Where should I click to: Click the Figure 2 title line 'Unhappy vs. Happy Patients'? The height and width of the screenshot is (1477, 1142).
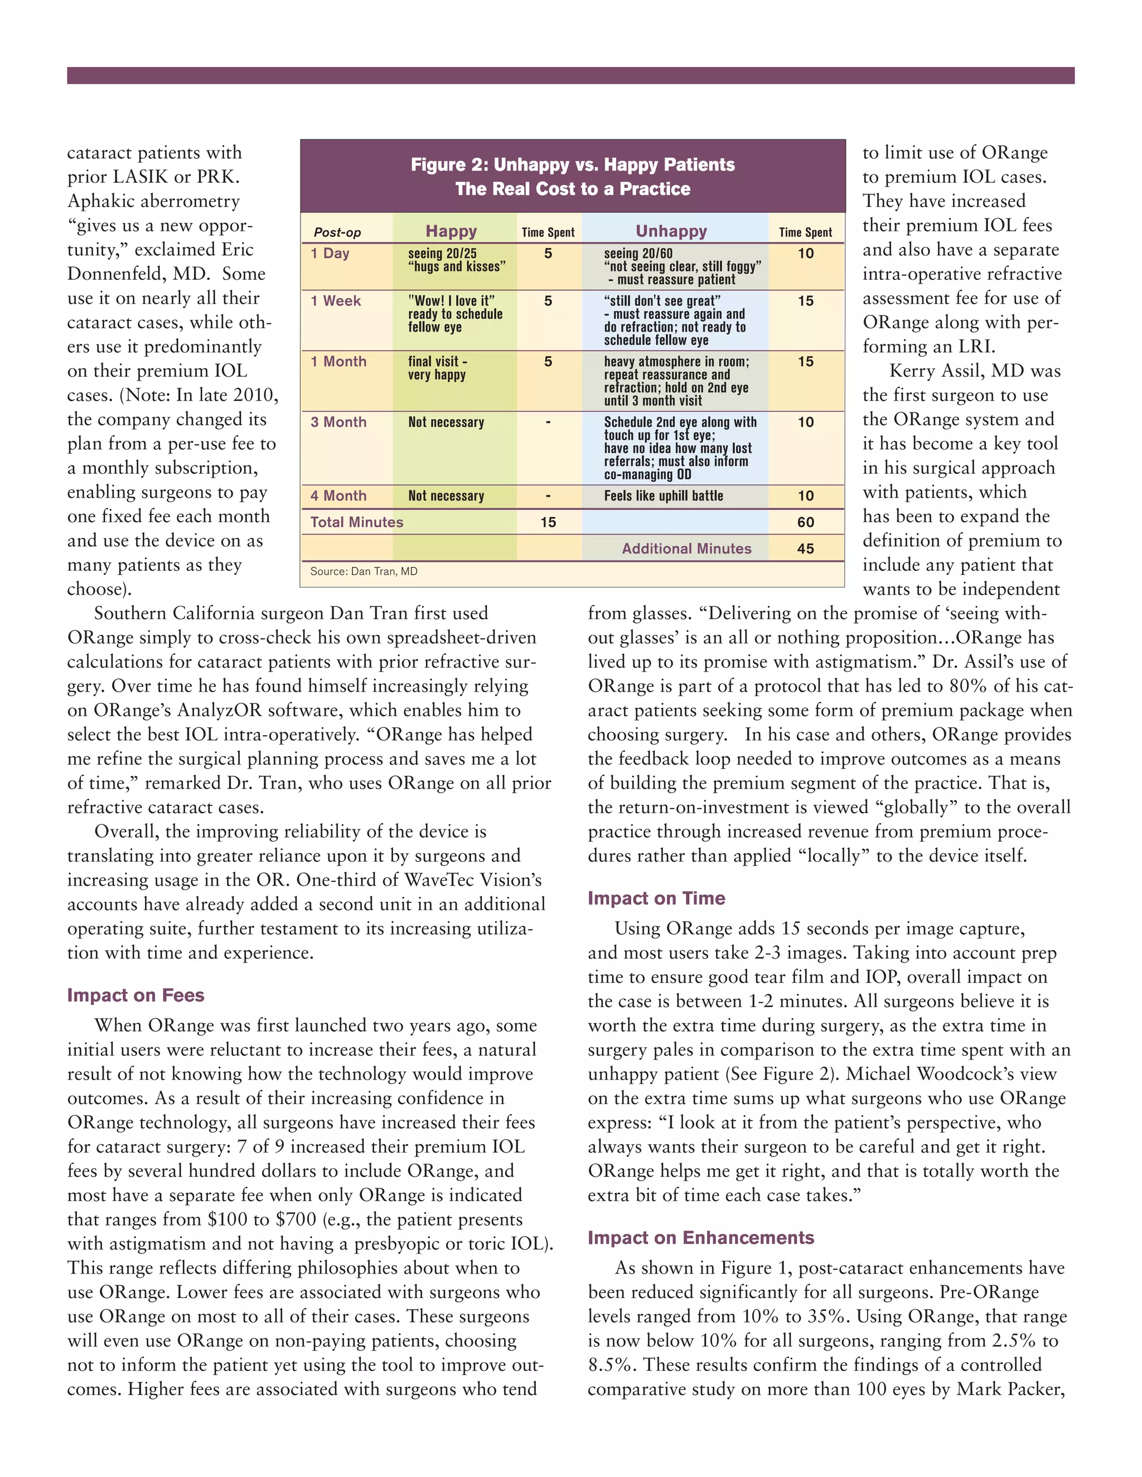(572, 164)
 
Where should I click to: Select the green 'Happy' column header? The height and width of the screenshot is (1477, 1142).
(451, 231)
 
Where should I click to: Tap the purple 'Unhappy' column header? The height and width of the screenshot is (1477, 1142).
(671, 231)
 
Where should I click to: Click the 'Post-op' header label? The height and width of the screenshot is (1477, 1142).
(337, 232)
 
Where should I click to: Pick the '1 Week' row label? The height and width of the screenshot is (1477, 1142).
(336, 301)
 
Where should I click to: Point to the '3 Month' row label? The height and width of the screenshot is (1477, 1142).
(338, 422)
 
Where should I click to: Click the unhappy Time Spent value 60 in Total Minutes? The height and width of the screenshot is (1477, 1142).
(805, 522)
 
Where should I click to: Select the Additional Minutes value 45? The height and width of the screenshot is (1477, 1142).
(805, 548)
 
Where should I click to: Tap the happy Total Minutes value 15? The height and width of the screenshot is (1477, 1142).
(548, 522)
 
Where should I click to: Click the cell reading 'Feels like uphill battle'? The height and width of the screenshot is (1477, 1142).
(663, 495)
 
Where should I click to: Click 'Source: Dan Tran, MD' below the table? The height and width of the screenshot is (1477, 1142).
(364, 571)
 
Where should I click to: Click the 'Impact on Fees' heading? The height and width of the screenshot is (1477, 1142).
(136, 995)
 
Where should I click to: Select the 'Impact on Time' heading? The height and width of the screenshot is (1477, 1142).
(656, 898)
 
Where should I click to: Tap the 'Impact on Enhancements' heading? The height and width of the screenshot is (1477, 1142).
(700, 1237)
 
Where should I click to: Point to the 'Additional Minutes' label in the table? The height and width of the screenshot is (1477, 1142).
(686, 548)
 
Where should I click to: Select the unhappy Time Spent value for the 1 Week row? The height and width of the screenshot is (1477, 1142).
(805, 301)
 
